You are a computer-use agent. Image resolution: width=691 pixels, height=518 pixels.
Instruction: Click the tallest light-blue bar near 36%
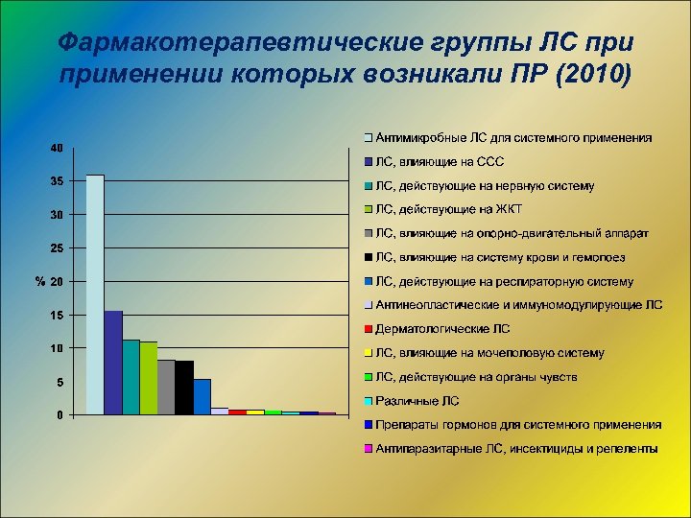pos(95,294)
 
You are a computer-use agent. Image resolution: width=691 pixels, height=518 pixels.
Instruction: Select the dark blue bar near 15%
pos(113,363)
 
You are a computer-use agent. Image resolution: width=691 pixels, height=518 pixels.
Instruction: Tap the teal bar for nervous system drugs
pos(131,377)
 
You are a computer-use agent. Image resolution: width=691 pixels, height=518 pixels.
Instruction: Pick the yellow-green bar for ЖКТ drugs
pos(149,378)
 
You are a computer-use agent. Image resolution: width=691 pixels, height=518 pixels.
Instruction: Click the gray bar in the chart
pos(166,388)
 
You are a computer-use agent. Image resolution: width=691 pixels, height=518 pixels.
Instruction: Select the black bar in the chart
pos(184,388)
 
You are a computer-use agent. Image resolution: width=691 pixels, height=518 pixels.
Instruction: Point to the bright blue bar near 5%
pos(202,397)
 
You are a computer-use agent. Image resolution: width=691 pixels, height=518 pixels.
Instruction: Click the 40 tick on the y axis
pos(57,149)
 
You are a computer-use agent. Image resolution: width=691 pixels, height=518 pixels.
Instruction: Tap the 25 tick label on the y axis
pos(57,248)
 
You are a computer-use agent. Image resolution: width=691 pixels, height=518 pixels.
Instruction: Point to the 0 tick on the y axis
pos(60,415)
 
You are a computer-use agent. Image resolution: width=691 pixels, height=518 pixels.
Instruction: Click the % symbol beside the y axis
pos(39,282)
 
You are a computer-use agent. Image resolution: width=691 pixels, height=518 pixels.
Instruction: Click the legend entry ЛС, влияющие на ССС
pos(441,162)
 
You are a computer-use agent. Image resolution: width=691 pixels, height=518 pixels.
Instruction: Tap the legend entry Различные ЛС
pos(417,401)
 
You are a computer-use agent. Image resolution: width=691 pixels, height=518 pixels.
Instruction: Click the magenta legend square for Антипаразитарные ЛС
pos(369,449)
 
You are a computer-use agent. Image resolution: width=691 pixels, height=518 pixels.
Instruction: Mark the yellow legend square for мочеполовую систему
pos(369,354)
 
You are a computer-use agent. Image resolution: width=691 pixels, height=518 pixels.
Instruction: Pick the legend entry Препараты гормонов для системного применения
pos(518,425)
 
